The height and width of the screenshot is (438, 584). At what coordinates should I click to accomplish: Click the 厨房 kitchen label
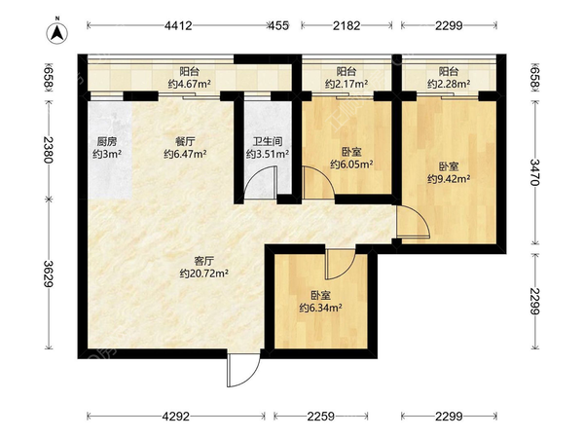point(106,141)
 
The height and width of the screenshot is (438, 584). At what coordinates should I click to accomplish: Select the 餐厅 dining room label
point(182,141)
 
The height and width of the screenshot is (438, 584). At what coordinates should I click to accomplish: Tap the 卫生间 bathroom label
point(262,141)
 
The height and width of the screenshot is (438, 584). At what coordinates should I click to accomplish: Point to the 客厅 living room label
point(203,262)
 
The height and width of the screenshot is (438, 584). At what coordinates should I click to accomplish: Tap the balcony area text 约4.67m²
point(190,85)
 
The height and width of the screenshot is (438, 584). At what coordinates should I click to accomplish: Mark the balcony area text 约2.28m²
point(449,85)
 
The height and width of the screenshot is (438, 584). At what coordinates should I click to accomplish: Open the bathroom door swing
point(259,184)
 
